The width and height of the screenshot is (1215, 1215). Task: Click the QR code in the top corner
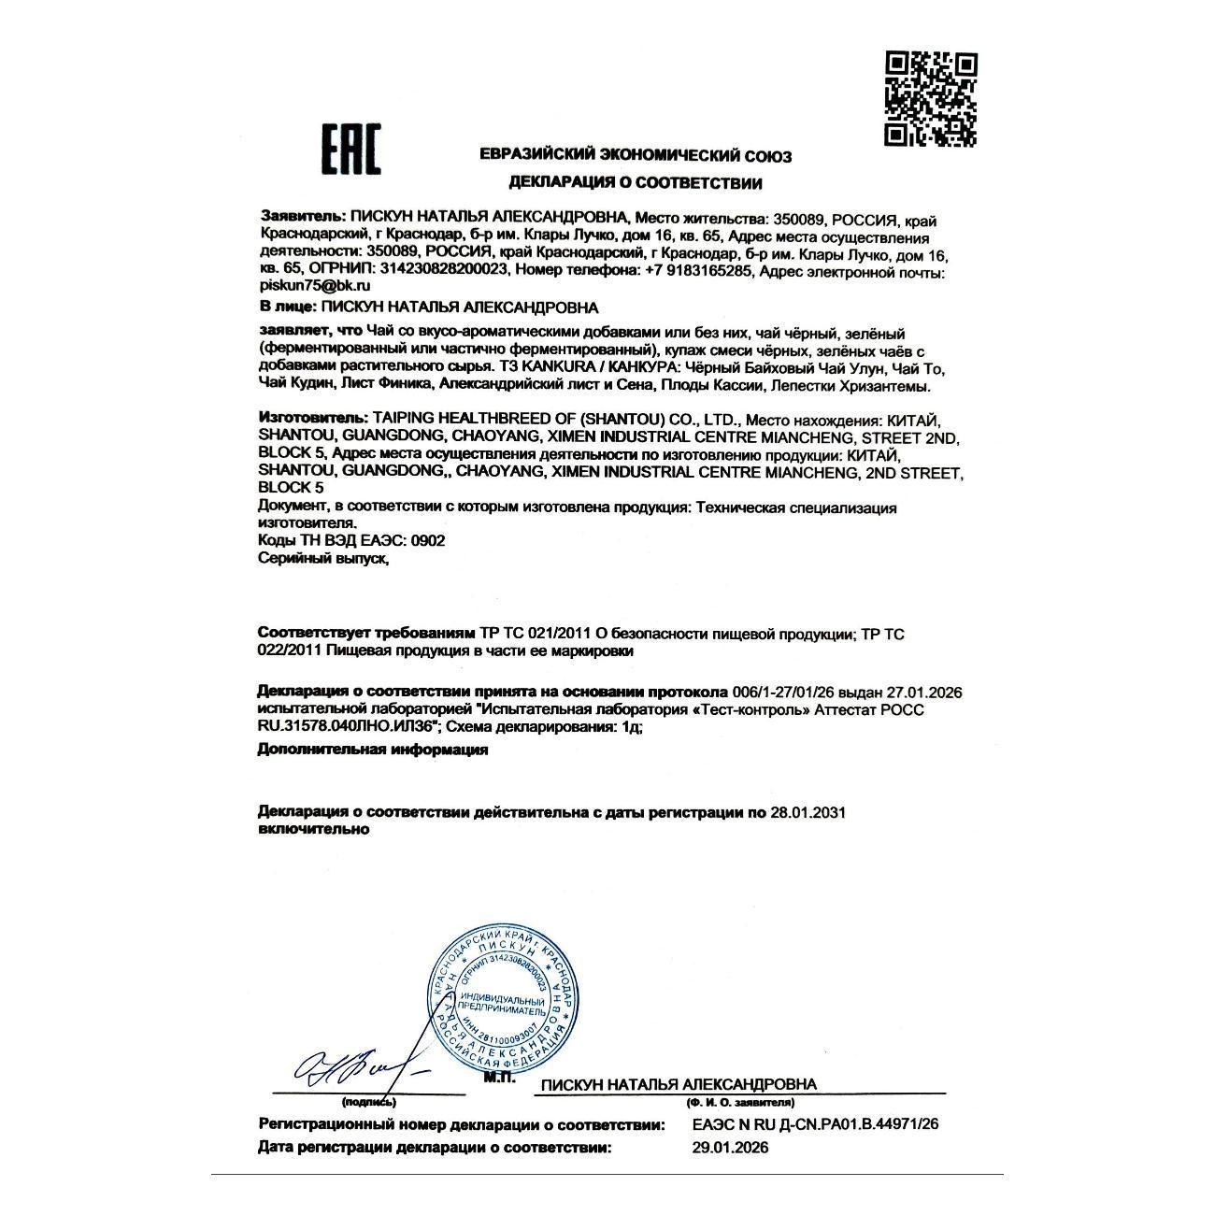931,100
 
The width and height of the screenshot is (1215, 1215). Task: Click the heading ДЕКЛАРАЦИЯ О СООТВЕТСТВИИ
635,183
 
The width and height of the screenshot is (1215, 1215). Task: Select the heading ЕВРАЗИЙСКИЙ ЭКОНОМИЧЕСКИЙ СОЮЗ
635,156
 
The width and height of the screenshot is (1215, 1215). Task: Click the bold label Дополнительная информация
372,750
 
